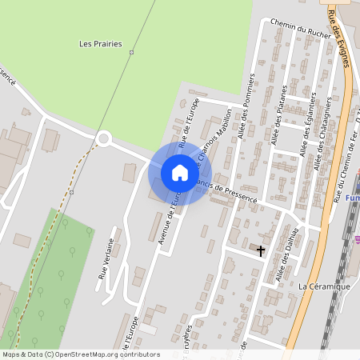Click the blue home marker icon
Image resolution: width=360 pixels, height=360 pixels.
coord(180,173)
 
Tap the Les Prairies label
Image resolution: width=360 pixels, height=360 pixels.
coord(102,44)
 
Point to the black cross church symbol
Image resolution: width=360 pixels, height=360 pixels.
coord(260,250)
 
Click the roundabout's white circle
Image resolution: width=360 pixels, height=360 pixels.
coord(102,140)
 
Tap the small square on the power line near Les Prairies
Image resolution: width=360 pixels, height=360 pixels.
coord(131,53)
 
